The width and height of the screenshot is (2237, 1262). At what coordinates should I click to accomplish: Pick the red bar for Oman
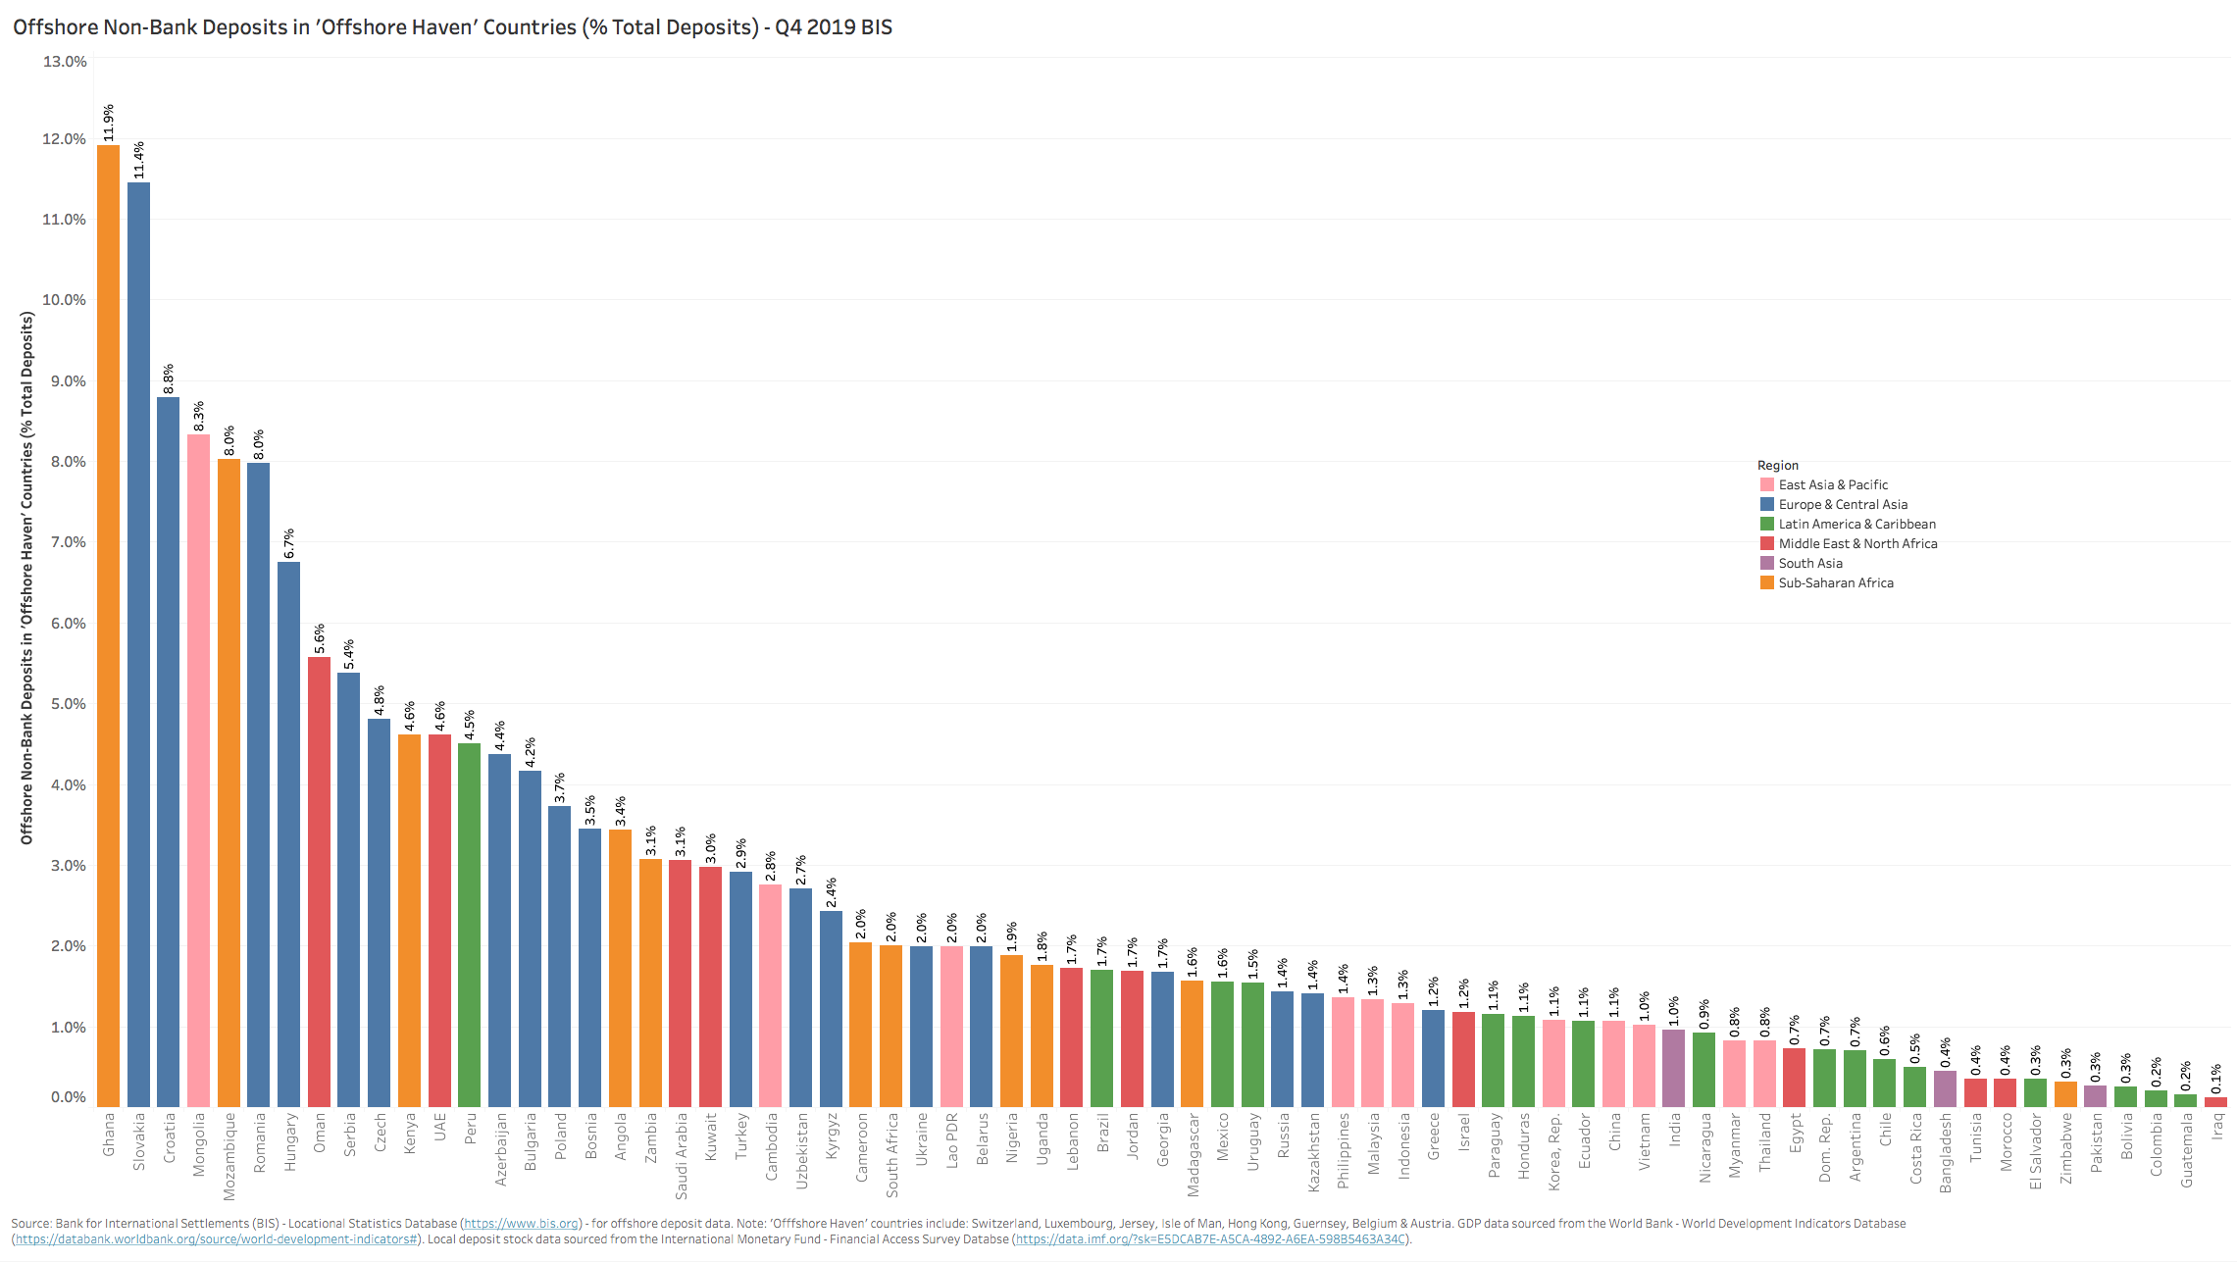click(x=319, y=882)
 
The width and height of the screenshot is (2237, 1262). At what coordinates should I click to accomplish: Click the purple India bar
click(x=1674, y=1068)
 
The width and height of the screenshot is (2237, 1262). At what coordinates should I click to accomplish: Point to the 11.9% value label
click(x=109, y=122)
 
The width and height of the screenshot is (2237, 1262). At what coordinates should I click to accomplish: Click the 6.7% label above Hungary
click(x=289, y=543)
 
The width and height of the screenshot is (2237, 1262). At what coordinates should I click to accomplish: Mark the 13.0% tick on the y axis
click(x=65, y=62)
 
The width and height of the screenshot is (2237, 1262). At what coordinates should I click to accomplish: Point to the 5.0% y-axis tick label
click(x=65, y=704)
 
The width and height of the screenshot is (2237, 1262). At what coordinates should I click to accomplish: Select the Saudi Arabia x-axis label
click(x=681, y=1155)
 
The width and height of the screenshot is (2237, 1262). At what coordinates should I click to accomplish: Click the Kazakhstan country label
click(x=1313, y=1152)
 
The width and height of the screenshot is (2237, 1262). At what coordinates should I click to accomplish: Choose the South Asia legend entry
click(x=1810, y=563)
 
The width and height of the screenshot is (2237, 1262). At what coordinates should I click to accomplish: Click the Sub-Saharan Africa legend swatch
click(x=1767, y=582)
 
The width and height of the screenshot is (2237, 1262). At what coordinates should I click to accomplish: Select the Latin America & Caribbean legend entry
click(x=1856, y=524)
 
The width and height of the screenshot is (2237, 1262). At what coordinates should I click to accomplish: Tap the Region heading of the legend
click(x=1777, y=465)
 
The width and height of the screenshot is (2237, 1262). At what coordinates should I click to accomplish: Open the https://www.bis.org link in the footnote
click(x=521, y=1224)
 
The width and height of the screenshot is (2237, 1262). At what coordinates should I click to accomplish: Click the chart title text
click(x=452, y=27)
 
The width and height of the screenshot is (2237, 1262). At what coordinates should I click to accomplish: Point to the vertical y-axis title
click(x=27, y=578)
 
